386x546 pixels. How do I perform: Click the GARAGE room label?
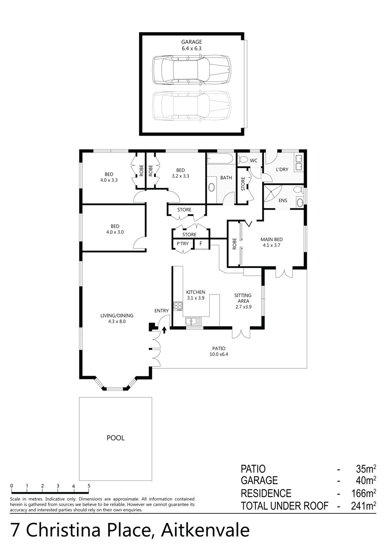(191, 42)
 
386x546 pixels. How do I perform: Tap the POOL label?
(115, 438)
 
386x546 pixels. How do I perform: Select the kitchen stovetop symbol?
(178, 306)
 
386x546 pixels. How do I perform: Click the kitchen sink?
(193, 321)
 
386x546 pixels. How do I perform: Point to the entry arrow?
(164, 330)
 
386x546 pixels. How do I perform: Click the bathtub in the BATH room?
(220, 159)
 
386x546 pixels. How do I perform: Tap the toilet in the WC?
(243, 160)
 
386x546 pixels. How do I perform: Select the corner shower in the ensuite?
(272, 193)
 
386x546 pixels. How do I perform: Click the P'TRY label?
(183, 244)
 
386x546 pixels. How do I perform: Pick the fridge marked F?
(201, 244)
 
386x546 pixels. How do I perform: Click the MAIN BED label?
(271, 239)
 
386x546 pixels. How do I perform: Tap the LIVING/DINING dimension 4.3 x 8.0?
(117, 321)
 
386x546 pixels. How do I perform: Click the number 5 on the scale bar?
(89, 486)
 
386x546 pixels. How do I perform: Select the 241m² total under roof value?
(363, 506)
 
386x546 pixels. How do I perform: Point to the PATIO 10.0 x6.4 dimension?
(219, 354)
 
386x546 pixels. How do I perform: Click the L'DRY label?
(282, 169)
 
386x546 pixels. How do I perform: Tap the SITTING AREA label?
(243, 298)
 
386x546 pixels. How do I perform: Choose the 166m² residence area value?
(364, 493)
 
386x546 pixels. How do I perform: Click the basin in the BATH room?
(211, 187)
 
